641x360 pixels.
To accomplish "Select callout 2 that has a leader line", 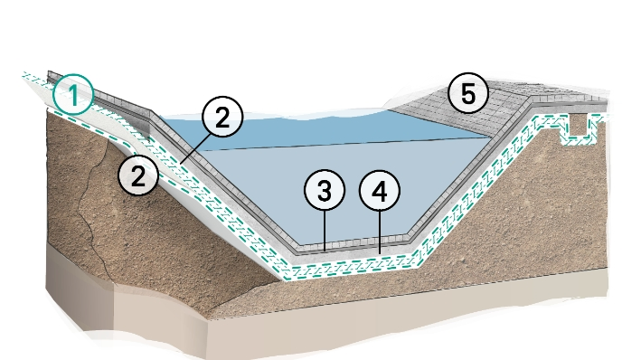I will [223, 117].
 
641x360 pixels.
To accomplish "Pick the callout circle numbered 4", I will [379, 192].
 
